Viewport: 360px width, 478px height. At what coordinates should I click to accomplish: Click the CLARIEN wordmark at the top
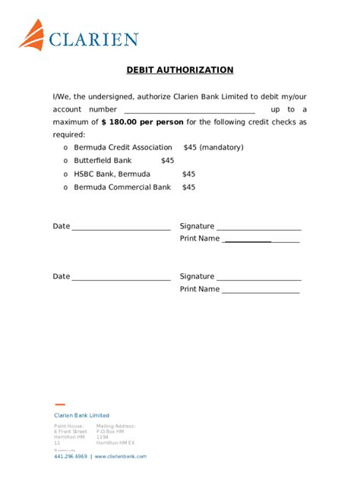[93, 40]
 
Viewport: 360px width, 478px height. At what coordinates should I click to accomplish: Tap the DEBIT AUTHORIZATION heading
[180, 71]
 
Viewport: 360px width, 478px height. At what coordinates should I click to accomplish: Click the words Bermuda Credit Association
[122, 148]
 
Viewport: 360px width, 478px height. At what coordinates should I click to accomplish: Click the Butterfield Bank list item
[103, 161]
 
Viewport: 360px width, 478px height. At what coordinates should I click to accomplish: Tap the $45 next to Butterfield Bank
[167, 161]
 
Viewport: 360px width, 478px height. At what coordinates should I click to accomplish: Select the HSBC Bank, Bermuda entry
[112, 174]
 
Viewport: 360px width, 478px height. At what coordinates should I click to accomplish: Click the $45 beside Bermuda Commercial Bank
[188, 187]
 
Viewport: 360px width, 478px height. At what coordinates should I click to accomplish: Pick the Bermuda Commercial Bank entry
[122, 187]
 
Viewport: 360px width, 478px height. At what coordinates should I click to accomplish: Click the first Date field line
[121, 228]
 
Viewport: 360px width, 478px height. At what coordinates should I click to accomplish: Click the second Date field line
[121, 278]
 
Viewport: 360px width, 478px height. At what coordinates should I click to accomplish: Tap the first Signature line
[259, 228]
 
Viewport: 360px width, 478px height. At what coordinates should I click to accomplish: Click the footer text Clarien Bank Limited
[81, 416]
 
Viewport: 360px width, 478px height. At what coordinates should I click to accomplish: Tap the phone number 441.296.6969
[70, 457]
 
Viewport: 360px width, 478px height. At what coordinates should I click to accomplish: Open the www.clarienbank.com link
[121, 457]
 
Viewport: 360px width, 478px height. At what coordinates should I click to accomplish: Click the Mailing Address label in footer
[115, 426]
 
